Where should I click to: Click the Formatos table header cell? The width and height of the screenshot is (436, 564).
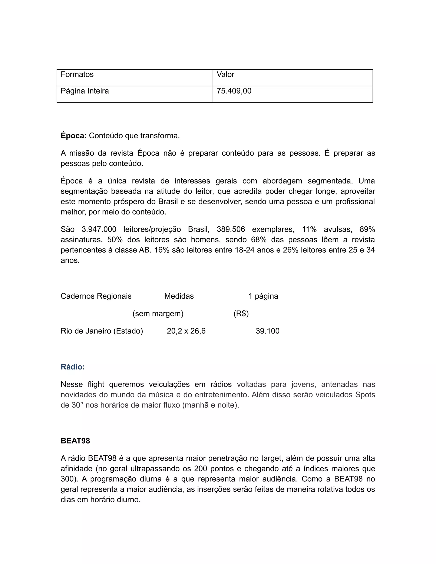(x=77, y=74)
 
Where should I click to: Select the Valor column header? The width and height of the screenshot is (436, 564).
(x=225, y=74)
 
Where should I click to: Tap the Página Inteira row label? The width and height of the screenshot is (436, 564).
(x=85, y=91)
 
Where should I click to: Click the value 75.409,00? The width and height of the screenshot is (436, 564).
(x=234, y=91)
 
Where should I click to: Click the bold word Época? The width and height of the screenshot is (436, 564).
(x=74, y=136)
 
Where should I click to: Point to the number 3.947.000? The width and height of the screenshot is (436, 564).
(x=99, y=229)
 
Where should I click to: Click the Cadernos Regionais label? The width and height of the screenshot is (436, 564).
(x=96, y=296)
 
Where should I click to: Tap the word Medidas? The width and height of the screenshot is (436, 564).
(x=179, y=296)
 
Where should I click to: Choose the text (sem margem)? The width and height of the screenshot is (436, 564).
(x=158, y=313)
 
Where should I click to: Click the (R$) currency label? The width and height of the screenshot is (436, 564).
(x=241, y=313)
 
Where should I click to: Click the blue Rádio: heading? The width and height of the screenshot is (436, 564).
(x=73, y=367)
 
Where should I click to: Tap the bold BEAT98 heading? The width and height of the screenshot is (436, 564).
(x=75, y=441)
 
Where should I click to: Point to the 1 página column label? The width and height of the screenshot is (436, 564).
(x=263, y=296)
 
